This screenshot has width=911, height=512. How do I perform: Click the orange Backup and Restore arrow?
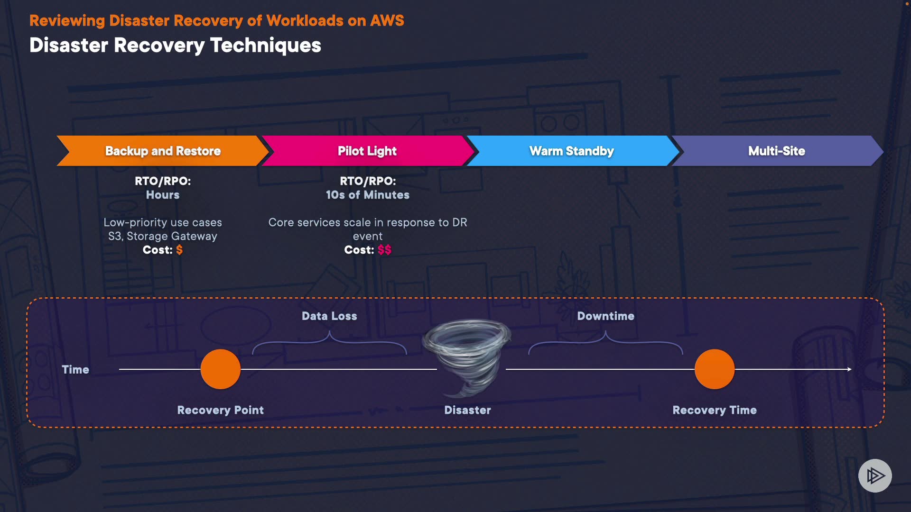[163, 151]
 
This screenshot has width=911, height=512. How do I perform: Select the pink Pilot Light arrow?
[367, 151]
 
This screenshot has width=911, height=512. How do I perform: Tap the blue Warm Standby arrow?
[571, 151]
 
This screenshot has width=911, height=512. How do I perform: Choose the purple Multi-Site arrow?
[776, 151]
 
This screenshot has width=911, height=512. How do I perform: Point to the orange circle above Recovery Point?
[221, 369]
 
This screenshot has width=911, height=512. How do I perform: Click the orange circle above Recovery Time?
[715, 369]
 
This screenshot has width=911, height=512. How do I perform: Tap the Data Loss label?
[329, 316]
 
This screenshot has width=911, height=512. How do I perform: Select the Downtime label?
[605, 316]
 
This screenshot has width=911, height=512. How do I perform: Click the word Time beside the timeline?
[75, 370]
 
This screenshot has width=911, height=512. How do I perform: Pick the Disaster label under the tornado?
[467, 410]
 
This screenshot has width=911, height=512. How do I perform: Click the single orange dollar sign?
[179, 250]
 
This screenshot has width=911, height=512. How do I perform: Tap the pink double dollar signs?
[384, 250]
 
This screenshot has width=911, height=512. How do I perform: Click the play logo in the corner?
[875, 475]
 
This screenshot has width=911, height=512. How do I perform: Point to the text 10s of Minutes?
[368, 195]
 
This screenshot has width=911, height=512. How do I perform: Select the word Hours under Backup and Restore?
[163, 195]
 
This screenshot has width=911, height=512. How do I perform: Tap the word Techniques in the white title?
[266, 46]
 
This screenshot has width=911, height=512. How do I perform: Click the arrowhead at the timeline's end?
[849, 369]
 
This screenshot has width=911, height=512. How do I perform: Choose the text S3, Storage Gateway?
[163, 236]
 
